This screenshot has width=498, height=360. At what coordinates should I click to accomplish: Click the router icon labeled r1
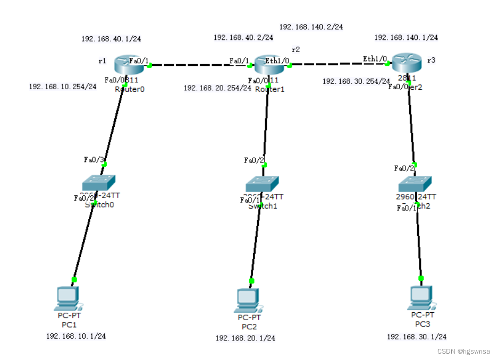click(x=124, y=65)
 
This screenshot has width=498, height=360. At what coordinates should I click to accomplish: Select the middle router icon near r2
click(x=269, y=65)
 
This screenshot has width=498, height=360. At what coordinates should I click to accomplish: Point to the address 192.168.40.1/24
click(x=111, y=39)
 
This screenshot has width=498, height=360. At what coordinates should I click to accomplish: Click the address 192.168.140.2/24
click(x=311, y=27)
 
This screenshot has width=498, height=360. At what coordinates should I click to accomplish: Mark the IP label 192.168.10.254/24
click(x=63, y=87)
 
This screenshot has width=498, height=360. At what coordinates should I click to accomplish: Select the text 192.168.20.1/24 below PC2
click(x=245, y=338)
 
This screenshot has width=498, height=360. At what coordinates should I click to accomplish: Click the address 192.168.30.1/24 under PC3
click(x=417, y=337)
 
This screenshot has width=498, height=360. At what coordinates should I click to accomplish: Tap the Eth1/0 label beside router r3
click(x=375, y=58)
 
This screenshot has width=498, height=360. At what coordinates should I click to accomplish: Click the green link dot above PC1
click(x=74, y=279)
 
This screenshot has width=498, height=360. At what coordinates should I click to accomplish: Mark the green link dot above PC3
click(x=421, y=278)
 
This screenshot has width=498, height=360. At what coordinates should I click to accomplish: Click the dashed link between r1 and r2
click(x=199, y=65)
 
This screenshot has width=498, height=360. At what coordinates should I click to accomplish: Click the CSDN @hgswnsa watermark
click(x=463, y=351)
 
